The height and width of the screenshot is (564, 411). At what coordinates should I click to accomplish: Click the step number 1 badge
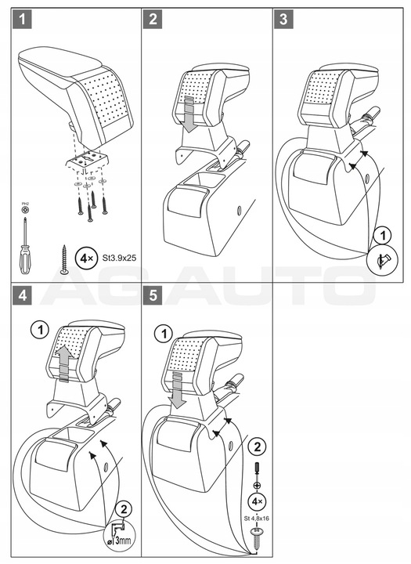(x=22, y=19)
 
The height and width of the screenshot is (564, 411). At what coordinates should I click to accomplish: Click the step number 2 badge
(x=153, y=19)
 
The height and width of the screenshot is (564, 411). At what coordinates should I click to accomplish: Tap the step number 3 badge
(x=283, y=19)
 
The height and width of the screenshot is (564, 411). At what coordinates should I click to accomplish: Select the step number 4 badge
(x=22, y=295)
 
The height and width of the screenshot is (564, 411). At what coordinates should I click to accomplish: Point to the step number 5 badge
(x=153, y=295)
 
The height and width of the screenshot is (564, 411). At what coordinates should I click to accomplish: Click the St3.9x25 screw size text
(x=118, y=258)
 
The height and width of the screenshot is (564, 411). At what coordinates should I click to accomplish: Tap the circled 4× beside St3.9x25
(x=86, y=258)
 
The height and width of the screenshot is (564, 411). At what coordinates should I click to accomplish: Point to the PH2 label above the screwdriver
(x=25, y=204)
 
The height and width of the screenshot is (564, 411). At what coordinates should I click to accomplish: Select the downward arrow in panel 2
(x=190, y=115)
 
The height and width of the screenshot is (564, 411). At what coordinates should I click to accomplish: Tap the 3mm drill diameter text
(x=122, y=540)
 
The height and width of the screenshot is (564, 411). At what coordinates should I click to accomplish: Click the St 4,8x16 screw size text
(x=256, y=519)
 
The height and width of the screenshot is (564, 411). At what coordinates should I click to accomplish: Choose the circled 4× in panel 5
(x=257, y=501)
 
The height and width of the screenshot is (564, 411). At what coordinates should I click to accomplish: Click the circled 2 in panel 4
(x=124, y=509)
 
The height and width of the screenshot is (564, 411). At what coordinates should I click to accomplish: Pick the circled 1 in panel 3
(x=382, y=236)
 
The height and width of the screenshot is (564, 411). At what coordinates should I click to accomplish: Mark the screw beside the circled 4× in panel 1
(x=65, y=260)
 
